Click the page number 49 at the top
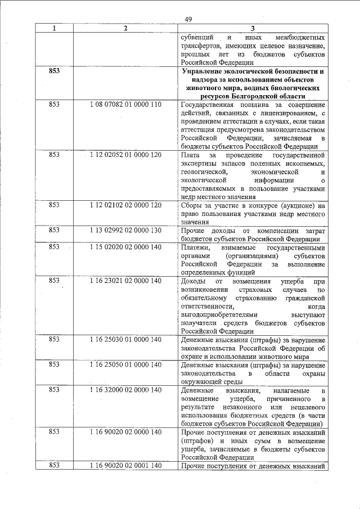pyautogui.click(x=188, y=20)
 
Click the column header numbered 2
pyautogui.click(x=125, y=28)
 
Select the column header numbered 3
pyautogui.click(x=253, y=28)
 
